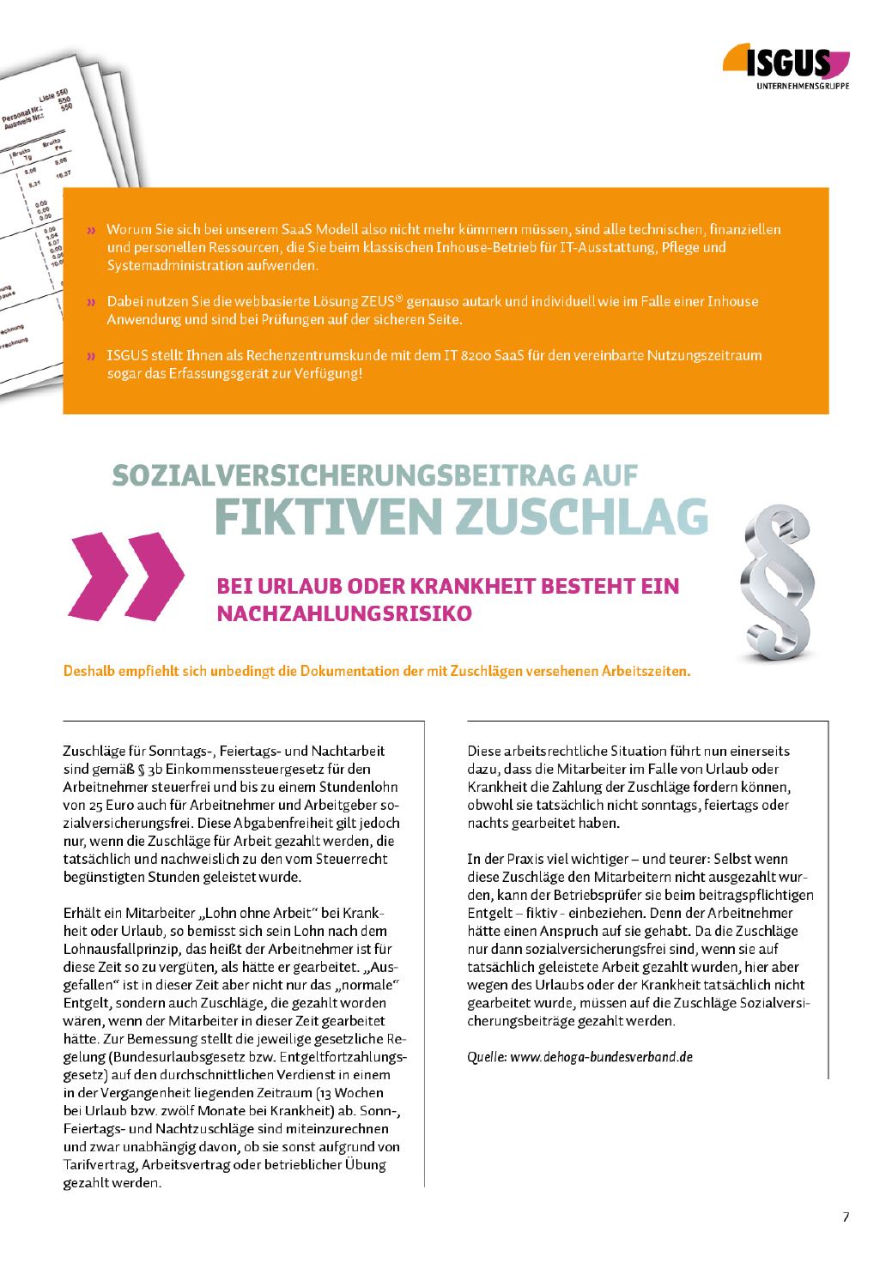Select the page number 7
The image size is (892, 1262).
pyautogui.click(x=846, y=1217)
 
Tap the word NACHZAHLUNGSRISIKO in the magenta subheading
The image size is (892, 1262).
pyautogui.click(x=345, y=614)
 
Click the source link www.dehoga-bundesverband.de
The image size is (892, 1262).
pyautogui.click(x=601, y=1057)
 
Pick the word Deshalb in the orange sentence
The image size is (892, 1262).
pyautogui.click(x=89, y=671)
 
